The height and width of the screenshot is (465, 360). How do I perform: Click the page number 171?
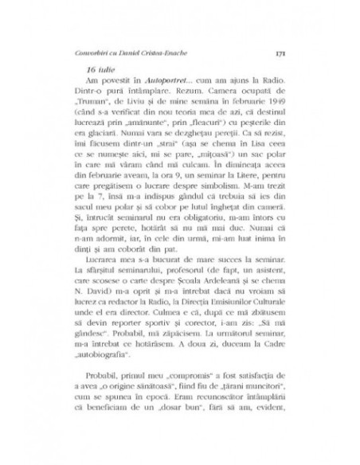click(270, 53)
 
